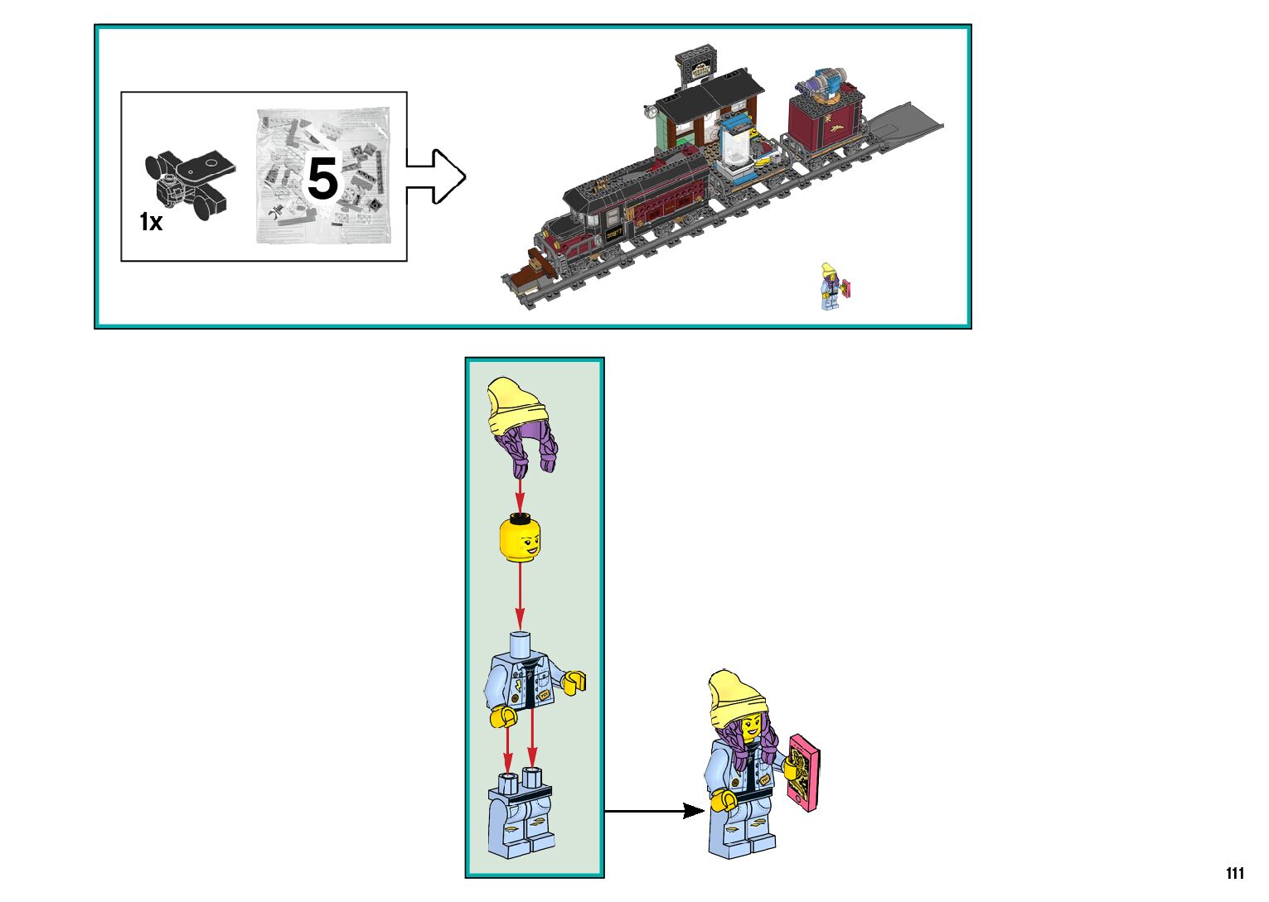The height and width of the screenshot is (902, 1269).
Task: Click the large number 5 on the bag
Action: (322, 179)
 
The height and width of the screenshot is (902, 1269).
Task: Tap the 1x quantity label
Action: (151, 222)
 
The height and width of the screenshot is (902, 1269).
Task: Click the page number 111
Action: (1234, 873)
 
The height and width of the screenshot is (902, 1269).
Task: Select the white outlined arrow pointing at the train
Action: (436, 176)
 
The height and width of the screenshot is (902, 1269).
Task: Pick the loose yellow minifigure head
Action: (518, 538)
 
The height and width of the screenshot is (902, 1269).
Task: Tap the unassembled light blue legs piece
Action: (521, 816)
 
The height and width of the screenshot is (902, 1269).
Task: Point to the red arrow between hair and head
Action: (520, 496)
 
